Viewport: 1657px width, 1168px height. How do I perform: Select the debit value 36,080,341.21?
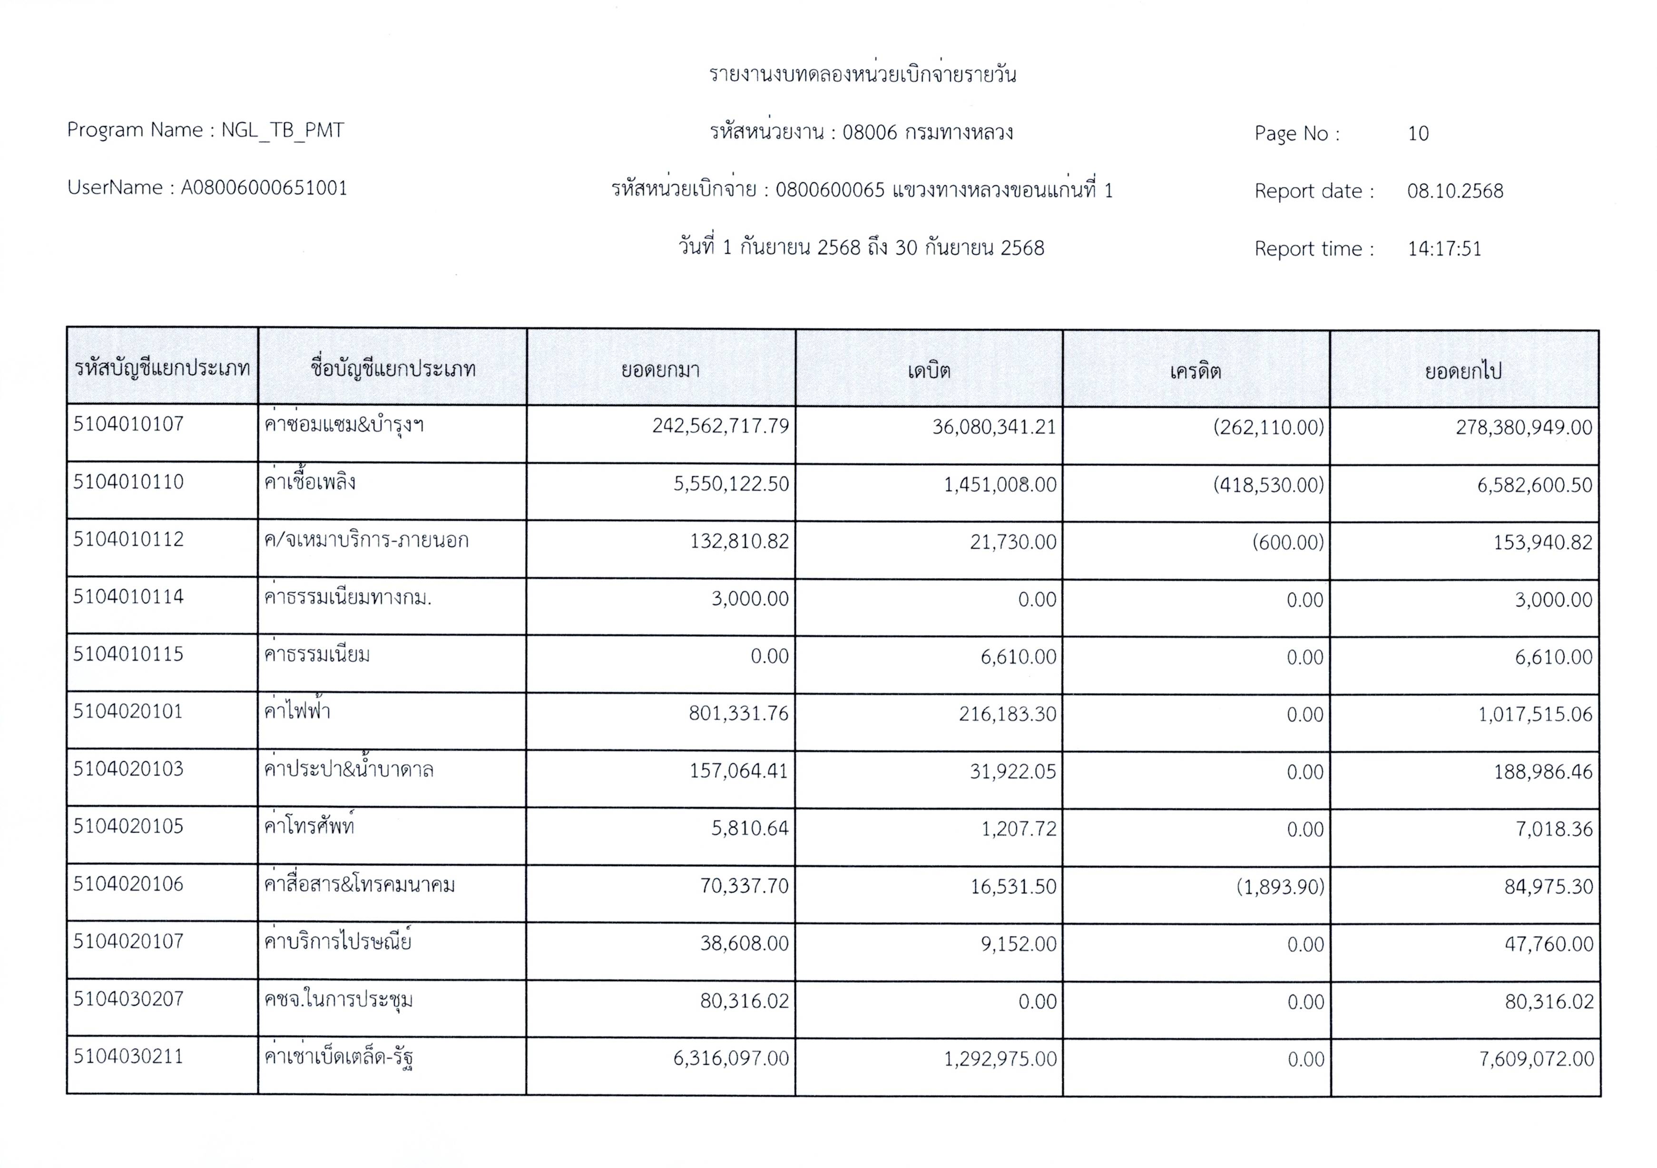pyautogui.click(x=994, y=427)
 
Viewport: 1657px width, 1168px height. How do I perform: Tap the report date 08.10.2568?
pyautogui.click(x=1455, y=191)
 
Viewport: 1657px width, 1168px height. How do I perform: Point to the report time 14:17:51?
pyautogui.click(x=1444, y=249)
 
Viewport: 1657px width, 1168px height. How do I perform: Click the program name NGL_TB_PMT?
pyautogui.click(x=282, y=131)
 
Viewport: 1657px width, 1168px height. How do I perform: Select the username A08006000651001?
pyautogui.click(x=264, y=188)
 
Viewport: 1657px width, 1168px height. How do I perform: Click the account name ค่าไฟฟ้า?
pyautogui.click(x=297, y=712)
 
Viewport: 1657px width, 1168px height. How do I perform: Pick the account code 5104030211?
pyautogui.click(x=128, y=1057)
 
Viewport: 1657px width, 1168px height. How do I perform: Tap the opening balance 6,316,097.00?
pyautogui.click(x=731, y=1059)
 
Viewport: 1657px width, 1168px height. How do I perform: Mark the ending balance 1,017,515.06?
pyautogui.click(x=1534, y=715)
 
